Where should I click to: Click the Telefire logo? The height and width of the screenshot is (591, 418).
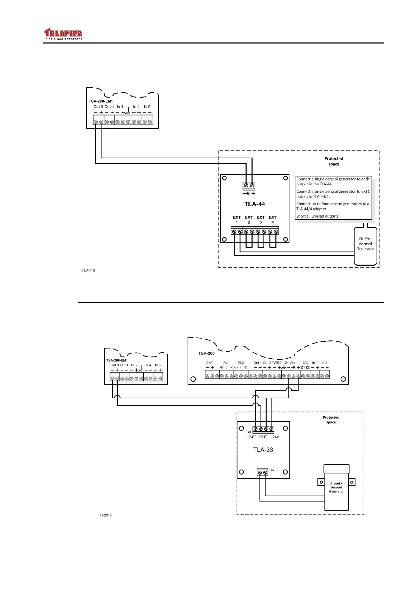click(x=63, y=34)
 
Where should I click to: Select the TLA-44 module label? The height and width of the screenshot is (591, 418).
click(x=255, y=204)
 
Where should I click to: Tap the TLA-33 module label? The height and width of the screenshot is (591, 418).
click(x=263, y=450)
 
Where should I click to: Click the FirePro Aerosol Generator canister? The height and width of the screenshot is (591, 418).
click(x=365, y=246)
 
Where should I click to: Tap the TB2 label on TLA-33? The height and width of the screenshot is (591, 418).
click(x=272, y=470)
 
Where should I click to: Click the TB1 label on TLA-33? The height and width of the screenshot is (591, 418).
click(x=248, y=432)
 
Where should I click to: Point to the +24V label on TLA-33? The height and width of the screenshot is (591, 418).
click(x=252, y=437)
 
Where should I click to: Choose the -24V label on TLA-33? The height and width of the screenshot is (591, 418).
click(x=275, y=437)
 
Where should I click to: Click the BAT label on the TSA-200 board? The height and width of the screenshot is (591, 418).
click(x=210, y=363)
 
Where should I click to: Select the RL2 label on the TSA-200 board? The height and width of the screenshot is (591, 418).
click(x=241, y=363)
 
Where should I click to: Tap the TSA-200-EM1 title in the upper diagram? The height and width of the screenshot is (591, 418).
click(x=100, y=101)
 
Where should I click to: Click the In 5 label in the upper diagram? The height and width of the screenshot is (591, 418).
click(x=147, y=107)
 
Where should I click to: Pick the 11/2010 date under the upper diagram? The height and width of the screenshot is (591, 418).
click(x=88, y=271)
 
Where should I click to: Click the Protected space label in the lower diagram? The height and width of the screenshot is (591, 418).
click(x=331, y=420)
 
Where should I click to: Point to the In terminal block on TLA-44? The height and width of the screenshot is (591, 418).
click(x=249, y=185)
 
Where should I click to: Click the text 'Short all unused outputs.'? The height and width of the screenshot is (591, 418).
click(x=318, y=216)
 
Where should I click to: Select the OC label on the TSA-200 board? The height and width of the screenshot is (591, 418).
click(x=305, y=363)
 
